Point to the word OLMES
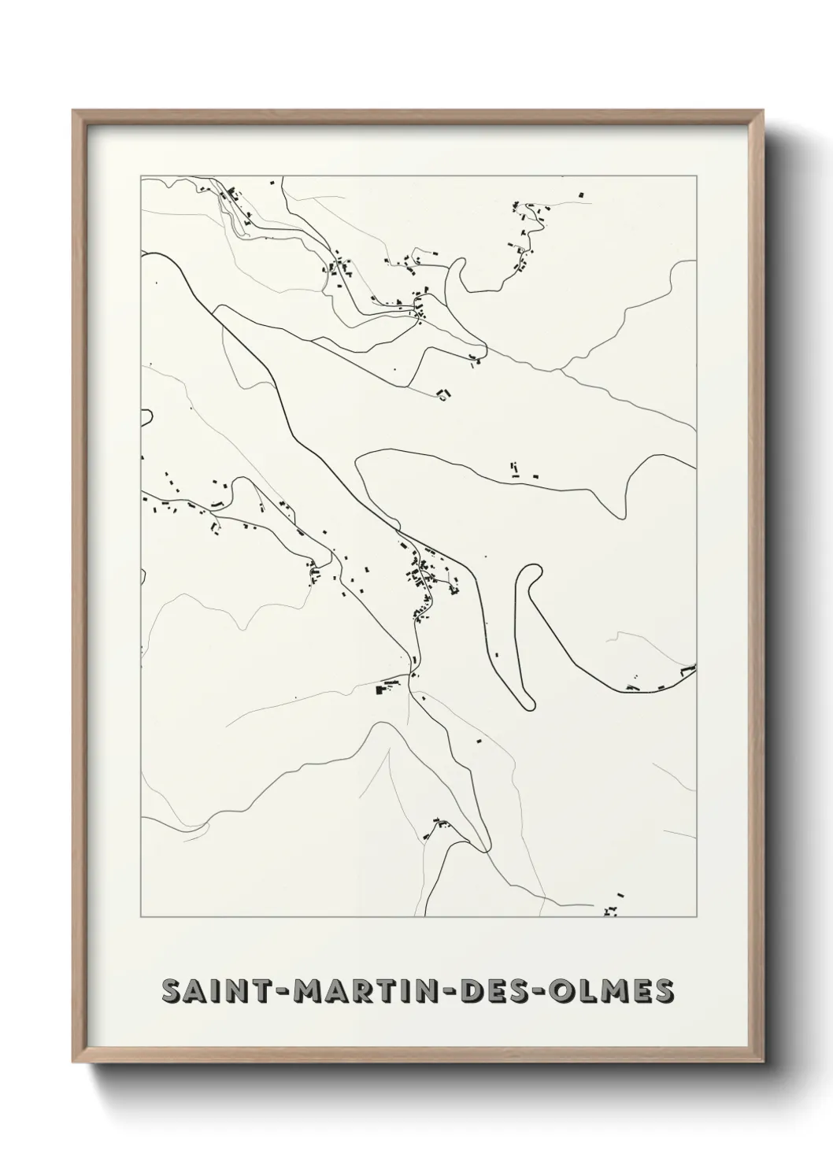(x=616, y=992)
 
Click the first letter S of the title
(x=171, y=992)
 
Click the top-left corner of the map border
(x=141, y=176)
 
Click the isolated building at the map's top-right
(x=582, y=193)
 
